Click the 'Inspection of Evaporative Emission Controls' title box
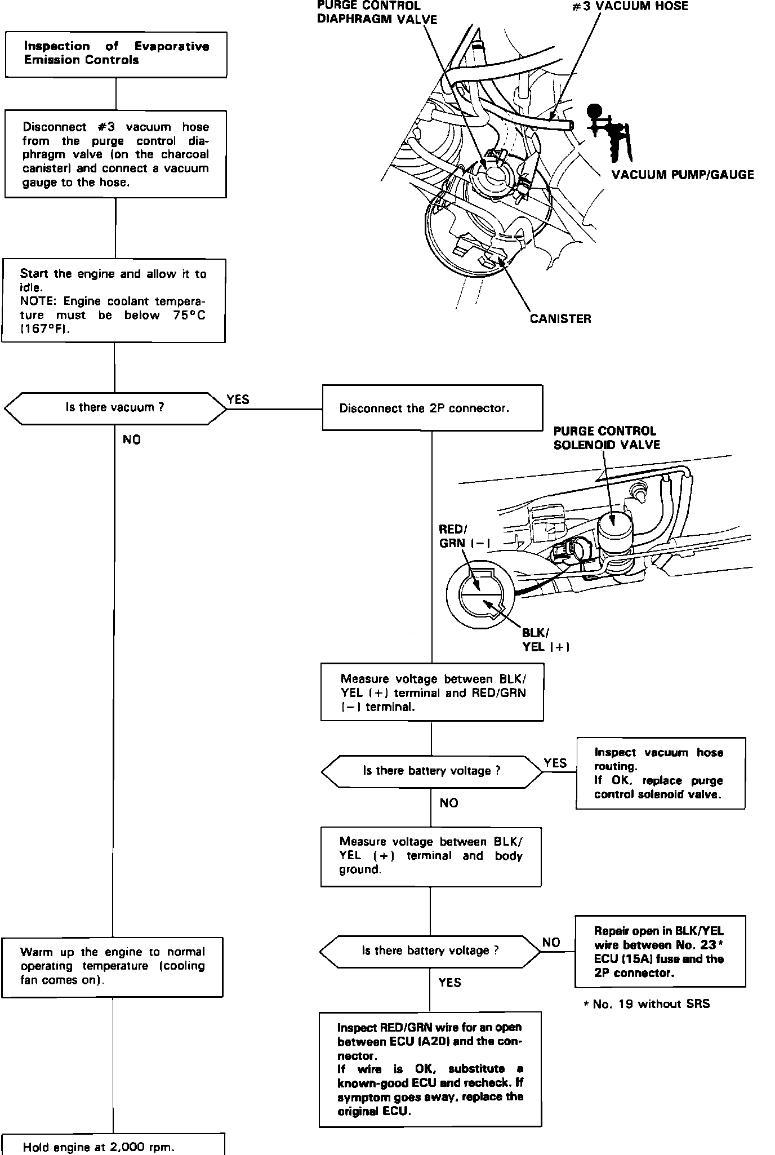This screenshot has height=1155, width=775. pyautogui.click(x=116, y=54)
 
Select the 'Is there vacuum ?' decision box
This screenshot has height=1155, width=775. pyautogui.click(x=115, y=408)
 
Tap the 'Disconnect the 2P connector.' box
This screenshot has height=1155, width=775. pyautogui.click(x=432, y=408)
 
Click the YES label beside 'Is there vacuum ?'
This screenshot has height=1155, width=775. pyautogui.click(x=238, y=399)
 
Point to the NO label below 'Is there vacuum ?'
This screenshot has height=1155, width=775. pyautogui.click(x=132, y=440)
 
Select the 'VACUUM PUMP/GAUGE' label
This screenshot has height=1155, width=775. pyautogui.click(x=683, y=175)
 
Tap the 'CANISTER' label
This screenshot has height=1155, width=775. pyautogui.click(x=560, y=319)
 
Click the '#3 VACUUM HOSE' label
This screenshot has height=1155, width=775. pyautogui.click(x=630, y=7)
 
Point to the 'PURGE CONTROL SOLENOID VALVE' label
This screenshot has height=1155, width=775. pyautogui.click(x=606, y=438)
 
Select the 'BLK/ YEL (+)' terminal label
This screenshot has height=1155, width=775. pyautogui.click(x=545, y=640)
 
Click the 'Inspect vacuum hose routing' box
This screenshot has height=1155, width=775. pyautogui.click(x=660, y=773)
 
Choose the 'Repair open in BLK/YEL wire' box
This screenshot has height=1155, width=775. pyautogui.click(x=660, y=952)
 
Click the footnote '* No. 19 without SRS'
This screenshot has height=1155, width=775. pyautogui.click(x=647, y=1003)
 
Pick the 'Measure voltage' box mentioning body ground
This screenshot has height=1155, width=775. pyautogui.click(x=431, y=856)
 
